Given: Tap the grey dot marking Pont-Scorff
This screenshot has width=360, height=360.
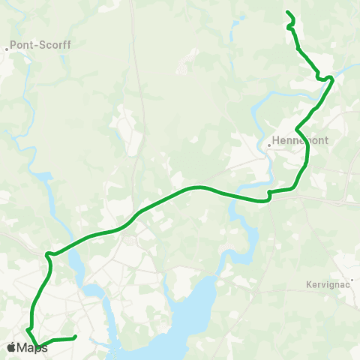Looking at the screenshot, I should pyautogui.click(x=7, y=49).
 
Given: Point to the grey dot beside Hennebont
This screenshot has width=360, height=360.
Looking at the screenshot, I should pyautogui.click(x=268, y=145).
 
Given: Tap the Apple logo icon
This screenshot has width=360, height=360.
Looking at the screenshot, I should pyautogui.click(x=11, y=347).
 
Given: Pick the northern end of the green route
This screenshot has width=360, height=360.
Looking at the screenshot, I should pyautogui.click(x=288, y=11).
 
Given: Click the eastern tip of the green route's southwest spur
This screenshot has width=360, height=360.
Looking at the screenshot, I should pyautogui.click(x=76, y=337).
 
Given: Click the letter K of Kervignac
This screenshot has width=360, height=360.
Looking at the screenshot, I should pyautogui.click(x=310, y=284).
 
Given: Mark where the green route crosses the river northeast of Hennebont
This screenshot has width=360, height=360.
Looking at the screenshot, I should pyautogui.click(x=328, y=88).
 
